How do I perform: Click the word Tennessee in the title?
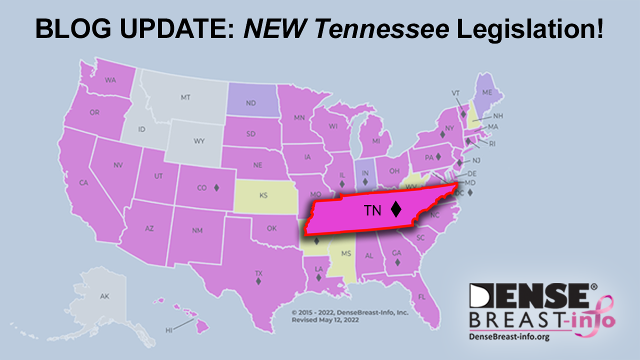(x=384, y=29)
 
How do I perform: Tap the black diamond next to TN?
(x=396, y=209)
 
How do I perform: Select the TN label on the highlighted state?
(x=372, y=211)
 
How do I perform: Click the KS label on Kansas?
(x=263, y=195)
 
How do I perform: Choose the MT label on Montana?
(x=185, y=97)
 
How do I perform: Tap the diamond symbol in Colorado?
(x=216, y=188)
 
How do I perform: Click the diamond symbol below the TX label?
(x=258, y=281)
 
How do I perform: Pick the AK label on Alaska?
(x=104, y=296)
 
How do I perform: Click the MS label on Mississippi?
(x=346, y=253)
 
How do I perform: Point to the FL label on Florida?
(x=421, y=297)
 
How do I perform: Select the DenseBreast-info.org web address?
(x=509, y=337)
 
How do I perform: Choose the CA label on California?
(x=83, y=183)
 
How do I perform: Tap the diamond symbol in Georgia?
(x=396, y=262)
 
